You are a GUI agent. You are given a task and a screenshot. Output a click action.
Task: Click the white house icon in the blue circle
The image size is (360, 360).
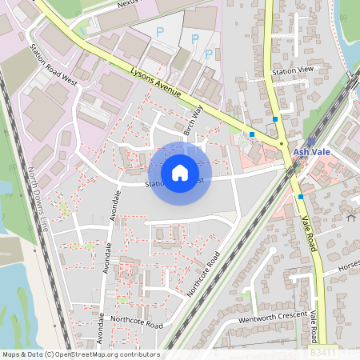pyautogui.click(x=180, y=172)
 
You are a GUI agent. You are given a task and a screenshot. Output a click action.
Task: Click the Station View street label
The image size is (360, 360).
pyautogui.click(x=293, y=71)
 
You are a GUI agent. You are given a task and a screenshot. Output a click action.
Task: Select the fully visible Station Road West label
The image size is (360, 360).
pyautogui.click(x=53, y=64)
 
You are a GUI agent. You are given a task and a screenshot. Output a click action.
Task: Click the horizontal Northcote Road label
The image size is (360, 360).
pyautogui.click(x=137, y=325)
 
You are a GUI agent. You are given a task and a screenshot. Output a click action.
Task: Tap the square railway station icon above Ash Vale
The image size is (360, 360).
pyautogui.click(x=311, y=141)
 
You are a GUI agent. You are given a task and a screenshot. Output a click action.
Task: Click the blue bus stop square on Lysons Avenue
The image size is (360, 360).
pyautogui.click(x=252, y=134)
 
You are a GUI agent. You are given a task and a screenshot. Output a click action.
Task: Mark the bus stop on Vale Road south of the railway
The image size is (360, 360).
pyautogui.click(x=301, y=196)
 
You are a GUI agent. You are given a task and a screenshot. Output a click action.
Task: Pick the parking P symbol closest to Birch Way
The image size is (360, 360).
pyautogui.click(x=210, y=53)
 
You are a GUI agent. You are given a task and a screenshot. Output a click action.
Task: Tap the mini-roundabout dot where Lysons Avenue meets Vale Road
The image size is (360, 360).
pyautogui.click(x=282, y=144)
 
